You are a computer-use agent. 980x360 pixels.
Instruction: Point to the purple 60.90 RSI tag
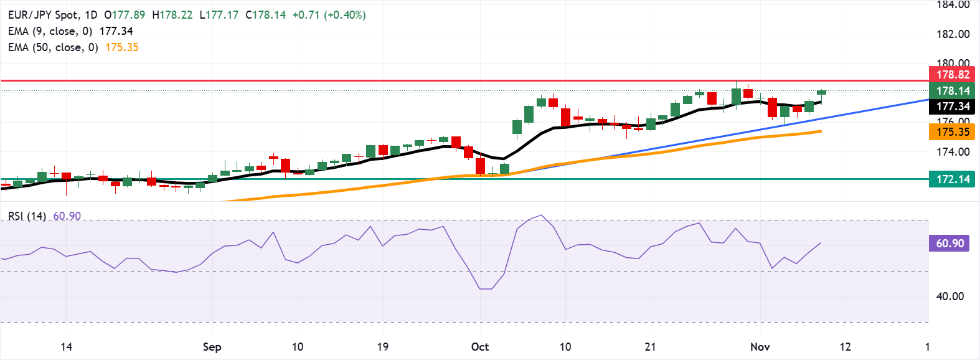(x=949, y=244)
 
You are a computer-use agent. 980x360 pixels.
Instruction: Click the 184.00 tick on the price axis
(x=953, y=5)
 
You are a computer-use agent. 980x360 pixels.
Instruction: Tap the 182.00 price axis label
(x=953, y=34)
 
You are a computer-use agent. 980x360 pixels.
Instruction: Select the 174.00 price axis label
(x=953, y=151)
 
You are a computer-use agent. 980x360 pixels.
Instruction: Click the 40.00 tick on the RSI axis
(x=950, y=296)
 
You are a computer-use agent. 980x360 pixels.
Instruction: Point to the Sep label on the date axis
(x=212, y=347)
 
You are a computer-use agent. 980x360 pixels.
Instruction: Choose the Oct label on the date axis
(x=480, y=347)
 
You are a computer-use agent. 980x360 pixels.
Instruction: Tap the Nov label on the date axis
(x=760, y=347)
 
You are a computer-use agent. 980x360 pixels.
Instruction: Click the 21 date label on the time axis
(x=650, y=347)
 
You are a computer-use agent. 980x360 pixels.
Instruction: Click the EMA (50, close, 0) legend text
(x=53, y=47)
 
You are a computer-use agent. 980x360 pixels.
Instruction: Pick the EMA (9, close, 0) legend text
(x=50, y=31)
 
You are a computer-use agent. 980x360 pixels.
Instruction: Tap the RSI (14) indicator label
(x=27, y=216)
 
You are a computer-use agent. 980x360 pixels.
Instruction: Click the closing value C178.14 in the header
(x=265, y=15)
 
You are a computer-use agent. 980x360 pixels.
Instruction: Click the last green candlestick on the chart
(x=821, y=92)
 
